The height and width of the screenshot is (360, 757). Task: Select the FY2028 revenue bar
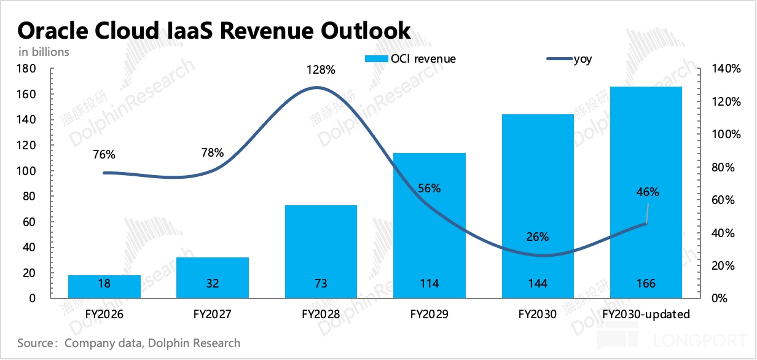321,252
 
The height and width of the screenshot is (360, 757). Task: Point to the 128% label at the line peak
321,70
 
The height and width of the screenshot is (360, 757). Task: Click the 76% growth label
104,154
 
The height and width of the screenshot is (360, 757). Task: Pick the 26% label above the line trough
537,237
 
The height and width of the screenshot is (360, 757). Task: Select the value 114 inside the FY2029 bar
429,284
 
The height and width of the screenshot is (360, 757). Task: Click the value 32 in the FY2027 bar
213,284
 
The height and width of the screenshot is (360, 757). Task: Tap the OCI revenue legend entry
410,59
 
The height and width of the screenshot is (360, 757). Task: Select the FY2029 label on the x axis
429,315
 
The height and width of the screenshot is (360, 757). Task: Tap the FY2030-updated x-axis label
646,315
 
